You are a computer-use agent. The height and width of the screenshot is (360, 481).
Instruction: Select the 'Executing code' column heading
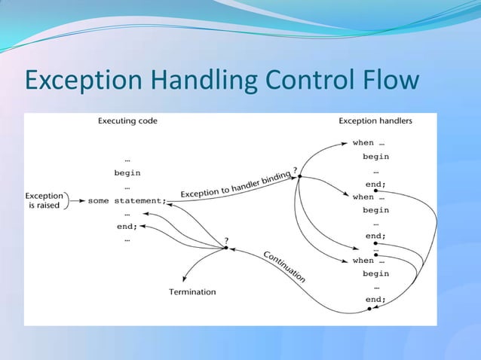click(127, 121)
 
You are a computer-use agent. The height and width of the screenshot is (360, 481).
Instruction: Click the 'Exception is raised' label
click(45, 200)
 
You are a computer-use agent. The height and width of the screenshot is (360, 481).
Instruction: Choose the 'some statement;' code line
click(126, 200)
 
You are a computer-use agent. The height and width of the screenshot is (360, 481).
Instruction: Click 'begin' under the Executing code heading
click(127, 172)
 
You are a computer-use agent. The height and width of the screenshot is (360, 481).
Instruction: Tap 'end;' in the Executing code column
click(127, 226)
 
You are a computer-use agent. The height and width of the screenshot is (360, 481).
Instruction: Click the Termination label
click(191, 291)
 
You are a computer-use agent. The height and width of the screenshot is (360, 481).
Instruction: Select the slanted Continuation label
click(284, 267)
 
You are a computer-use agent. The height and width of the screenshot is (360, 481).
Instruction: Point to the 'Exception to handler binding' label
click(235, 185)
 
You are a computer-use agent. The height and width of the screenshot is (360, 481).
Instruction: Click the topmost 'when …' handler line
click(369, 142)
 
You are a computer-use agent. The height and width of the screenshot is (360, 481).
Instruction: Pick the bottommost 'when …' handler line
click(369, 261)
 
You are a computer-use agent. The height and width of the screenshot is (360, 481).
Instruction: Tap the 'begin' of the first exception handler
click(375, 157)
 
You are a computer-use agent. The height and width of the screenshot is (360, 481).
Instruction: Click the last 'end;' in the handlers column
click(375, 299)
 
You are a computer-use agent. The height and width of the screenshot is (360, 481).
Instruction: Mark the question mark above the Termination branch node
click(228, 240)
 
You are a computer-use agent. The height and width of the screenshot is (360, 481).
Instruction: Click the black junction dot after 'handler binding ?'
click(299, 177)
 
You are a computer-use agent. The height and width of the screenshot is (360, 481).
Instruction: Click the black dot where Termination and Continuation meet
click(225, 249)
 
